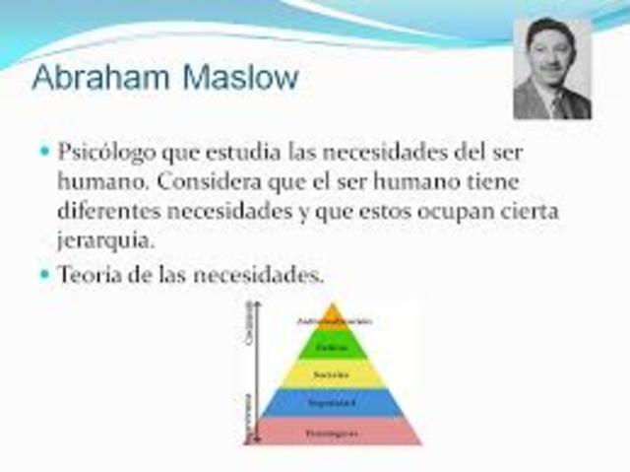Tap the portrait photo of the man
click(552, 69)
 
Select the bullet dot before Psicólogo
click(43, 154)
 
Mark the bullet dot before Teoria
click(43, 275)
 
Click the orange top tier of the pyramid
click(334, 318)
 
